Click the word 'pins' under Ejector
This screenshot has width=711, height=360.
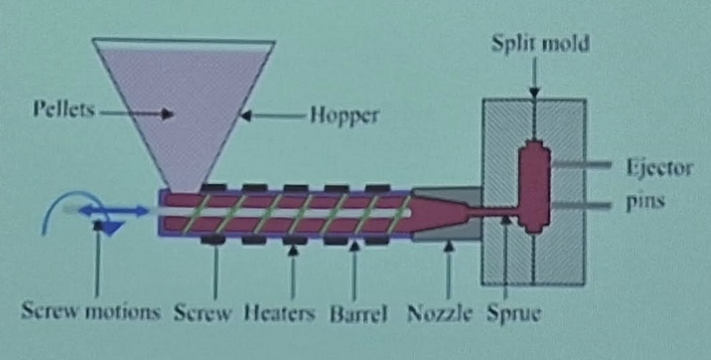[x=644, y=202]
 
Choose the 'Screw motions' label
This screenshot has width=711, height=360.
[x=90, y=315]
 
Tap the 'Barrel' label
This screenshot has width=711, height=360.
[x=358, y=315]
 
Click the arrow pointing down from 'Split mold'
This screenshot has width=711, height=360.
[x=534, y=76]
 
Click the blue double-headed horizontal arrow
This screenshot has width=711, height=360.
[x=113, y=210]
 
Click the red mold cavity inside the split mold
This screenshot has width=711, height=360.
[x=534, y=185]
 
